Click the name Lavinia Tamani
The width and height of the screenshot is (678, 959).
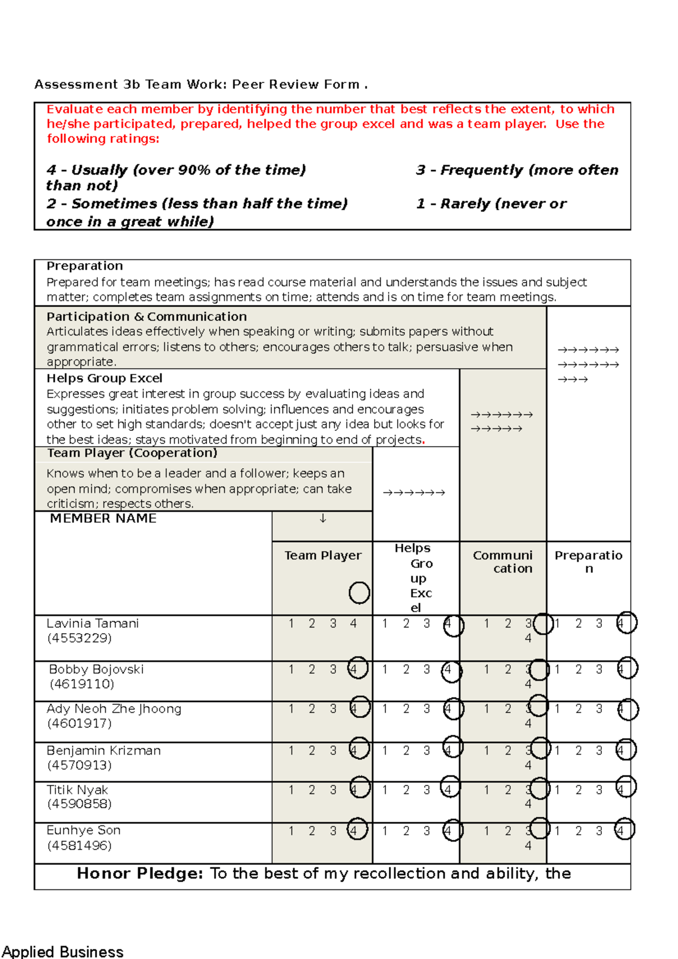(x=93, y=624)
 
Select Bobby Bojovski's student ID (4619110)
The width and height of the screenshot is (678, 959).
(x=82, y=684)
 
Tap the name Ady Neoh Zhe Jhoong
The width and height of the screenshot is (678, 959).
(x=114, y=709)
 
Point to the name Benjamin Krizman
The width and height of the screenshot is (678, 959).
(x=103, y=751)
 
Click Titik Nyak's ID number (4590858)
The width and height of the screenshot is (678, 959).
(x=80, y=804)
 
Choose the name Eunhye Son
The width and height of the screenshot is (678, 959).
(x=84, y=830)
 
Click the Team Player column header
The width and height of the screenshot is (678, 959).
(x=323, y=556)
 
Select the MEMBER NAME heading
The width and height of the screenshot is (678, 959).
(x=103, y=518)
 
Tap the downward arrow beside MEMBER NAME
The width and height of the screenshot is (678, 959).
(x=323, y=518)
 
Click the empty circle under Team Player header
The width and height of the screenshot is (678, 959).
(x=359, y=592)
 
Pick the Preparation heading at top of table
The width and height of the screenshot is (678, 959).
(x=85, y=266)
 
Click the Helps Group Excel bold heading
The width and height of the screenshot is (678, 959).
(x=105, y=378)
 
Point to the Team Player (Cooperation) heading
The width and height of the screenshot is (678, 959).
(x=132, y=453)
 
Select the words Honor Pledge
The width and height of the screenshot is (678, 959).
(x=140, y=874)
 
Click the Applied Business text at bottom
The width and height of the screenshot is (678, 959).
(x=63, y=951)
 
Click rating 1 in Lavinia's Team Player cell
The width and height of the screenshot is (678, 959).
(x=291, y=624)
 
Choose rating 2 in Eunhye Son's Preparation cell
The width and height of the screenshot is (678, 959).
(x=579, y=831)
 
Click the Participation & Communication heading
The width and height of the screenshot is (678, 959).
(x=147, y=317)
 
